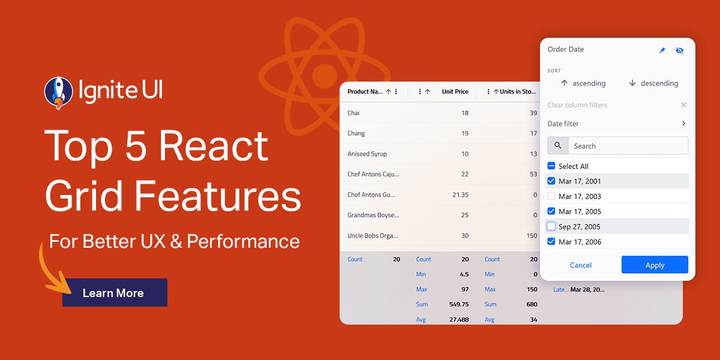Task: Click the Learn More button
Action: [114, 293]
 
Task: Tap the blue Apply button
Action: [655, 265]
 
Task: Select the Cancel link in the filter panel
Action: [580, 265]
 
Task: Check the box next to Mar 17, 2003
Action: [551, 196]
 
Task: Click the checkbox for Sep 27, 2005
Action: [551, 227]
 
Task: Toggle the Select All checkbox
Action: [551, 166]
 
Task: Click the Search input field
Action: [627, 146]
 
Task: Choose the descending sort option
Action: [653, 83]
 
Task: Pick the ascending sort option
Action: [583, 83]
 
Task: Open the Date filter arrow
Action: [683, 124]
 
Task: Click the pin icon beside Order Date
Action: [662, 50]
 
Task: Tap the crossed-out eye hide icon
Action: [680, 50]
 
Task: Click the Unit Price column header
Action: [455, 92]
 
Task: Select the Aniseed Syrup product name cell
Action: [367, 154]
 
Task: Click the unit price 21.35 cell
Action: [460, 194]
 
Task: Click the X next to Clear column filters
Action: [683, 105]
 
